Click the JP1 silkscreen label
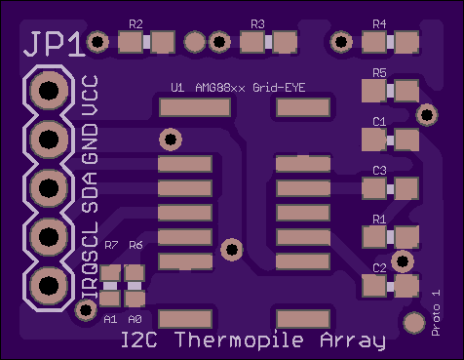54,45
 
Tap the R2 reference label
135,24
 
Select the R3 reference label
257,24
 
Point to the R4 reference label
379,24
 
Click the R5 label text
379,73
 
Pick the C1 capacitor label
379,122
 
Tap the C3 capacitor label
379,171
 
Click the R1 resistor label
379,220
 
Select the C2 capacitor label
379,268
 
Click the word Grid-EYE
279,88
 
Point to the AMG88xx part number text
220,88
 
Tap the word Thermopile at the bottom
239,340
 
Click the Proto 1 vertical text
436,312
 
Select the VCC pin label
90,96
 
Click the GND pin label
90,144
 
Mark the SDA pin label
90,193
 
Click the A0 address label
135,319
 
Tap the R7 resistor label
111,245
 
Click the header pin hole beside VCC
49,90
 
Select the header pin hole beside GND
49,140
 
